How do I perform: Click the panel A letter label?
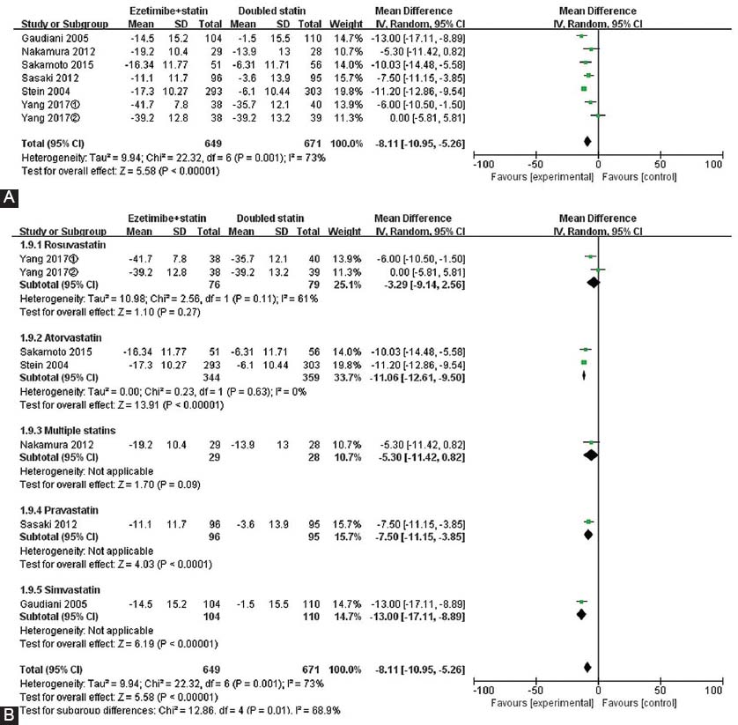(x=10, y=197)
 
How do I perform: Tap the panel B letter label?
(x=10, y=715)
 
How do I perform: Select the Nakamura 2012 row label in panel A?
(x=58, y=51)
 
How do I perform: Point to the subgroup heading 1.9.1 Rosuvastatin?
(x=63, y=245)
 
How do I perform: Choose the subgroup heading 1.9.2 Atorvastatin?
(x=61, y=337)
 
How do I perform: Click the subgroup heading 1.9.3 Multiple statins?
(x=68, y=430)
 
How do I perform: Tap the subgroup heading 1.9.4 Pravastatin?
(x=59, y=510)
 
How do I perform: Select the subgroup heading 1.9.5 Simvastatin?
(x=60, y=589)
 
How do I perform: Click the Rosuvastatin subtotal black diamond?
(x=594, y=283)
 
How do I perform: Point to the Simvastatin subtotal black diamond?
(x=582, y=614)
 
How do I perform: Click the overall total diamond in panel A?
(x=587, y=141)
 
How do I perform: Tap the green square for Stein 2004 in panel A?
(x=584, y=88)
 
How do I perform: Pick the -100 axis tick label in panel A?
(x=483, y=165)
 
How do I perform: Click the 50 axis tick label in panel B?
(x=660, y=690)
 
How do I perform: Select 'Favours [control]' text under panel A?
(x=639, y=177)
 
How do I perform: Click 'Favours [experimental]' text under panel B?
(x=542, y=703)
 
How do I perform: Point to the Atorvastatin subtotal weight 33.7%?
(x=347, y=378)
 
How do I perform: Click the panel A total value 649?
(x=213, y=144)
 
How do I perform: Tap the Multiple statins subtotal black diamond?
(x=591, y=455)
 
